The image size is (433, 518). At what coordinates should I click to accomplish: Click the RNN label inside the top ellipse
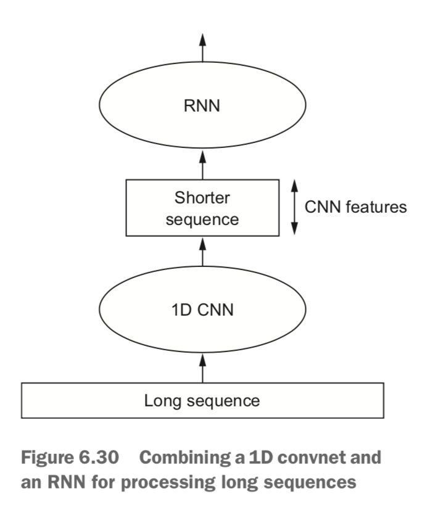coord(202,106)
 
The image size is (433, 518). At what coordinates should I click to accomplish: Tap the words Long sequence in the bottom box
coord(202,401)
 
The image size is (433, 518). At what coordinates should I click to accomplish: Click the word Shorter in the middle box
coord(202,198)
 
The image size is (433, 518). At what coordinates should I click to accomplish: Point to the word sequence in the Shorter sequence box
coord(202,219)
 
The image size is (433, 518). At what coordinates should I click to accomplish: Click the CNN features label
coord(356,207)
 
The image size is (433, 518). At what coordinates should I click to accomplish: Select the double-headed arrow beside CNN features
coord(294,207)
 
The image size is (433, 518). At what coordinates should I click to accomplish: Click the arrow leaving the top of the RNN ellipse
coord(202,46)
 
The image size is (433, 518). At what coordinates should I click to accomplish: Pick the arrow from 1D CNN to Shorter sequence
coord(202,253)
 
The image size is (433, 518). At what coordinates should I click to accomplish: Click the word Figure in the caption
coord(44,458)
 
